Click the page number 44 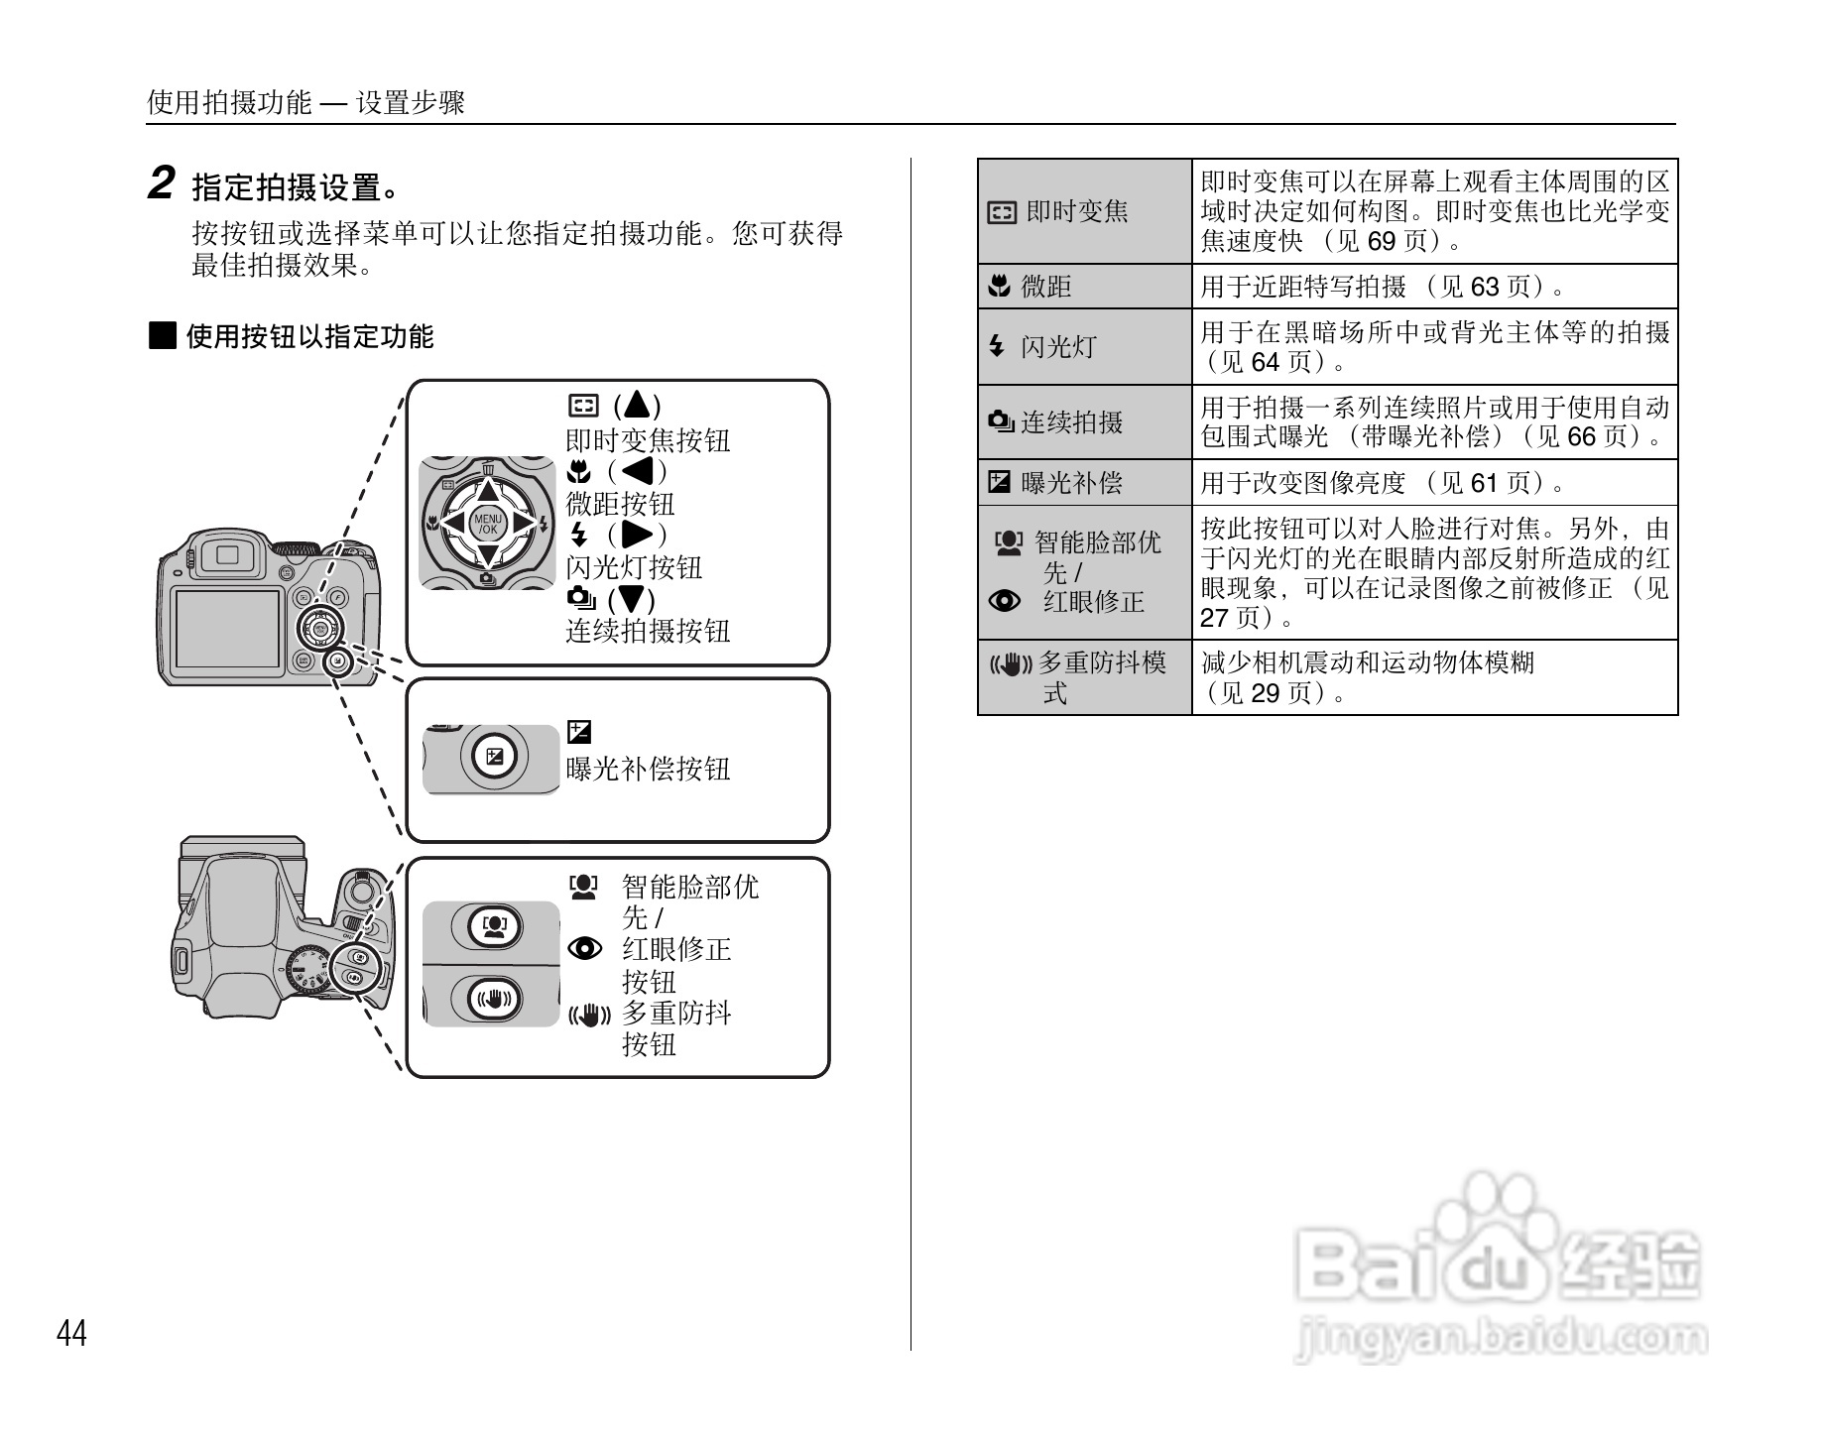(71, 1333)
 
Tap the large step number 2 (161, 183)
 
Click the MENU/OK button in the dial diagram (488, 524)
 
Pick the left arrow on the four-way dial (454, 524)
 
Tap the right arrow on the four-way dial (523, 524)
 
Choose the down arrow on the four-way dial (488, 557)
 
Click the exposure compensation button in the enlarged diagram (494, 759)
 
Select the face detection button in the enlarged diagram (494, 926)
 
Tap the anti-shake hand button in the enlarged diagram (494, 997)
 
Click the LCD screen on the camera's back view (227, 628)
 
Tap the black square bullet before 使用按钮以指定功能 (162, 335)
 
